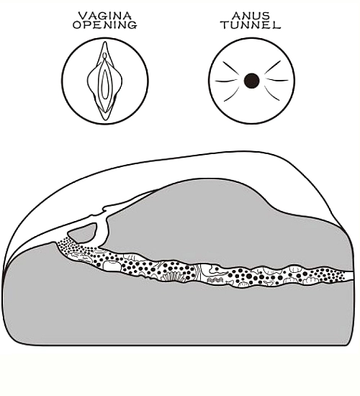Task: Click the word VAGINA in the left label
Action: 105,16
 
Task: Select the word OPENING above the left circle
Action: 105,24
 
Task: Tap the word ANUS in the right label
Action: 251,16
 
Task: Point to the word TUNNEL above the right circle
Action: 251,24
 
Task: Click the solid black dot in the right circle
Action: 251,81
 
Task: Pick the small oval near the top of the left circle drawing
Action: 105,55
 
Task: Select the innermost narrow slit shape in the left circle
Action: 105,84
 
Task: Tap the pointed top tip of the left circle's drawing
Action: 105,42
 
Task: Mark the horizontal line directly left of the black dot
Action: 226,81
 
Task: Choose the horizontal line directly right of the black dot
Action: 277,80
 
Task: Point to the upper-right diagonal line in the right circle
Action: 273,67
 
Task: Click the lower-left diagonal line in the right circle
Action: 232,94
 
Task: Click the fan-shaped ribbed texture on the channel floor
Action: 171,276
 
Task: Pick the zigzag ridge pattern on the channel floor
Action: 215,279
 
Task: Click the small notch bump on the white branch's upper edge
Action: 104,209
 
